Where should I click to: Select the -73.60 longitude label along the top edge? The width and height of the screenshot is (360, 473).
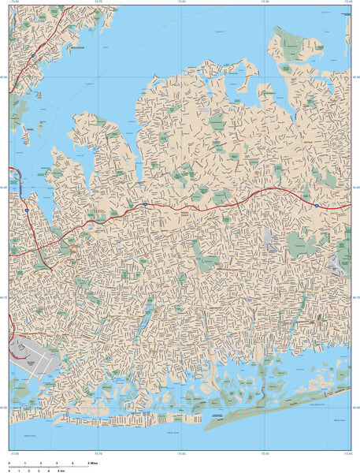(182, 3)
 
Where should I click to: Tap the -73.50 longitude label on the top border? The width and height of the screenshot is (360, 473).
(265, 3)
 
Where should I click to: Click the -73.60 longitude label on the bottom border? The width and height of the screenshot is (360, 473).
(182, 454)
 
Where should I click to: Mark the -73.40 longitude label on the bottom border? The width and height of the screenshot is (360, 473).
(347, 454)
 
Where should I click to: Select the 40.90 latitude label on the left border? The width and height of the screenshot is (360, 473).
(4, 76)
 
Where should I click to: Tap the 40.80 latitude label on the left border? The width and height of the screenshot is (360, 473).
(4, 187)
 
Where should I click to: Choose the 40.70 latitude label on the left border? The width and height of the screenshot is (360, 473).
(4, 297)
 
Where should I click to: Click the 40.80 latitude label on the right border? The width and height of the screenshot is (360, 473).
(356, 187)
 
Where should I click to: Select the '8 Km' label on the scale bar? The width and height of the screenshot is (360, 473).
(60, 470)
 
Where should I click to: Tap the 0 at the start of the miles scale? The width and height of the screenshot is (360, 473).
(9, 462)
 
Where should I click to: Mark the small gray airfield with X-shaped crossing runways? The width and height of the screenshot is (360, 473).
(341, 263)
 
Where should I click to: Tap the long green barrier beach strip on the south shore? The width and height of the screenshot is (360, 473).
(268, 409)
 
